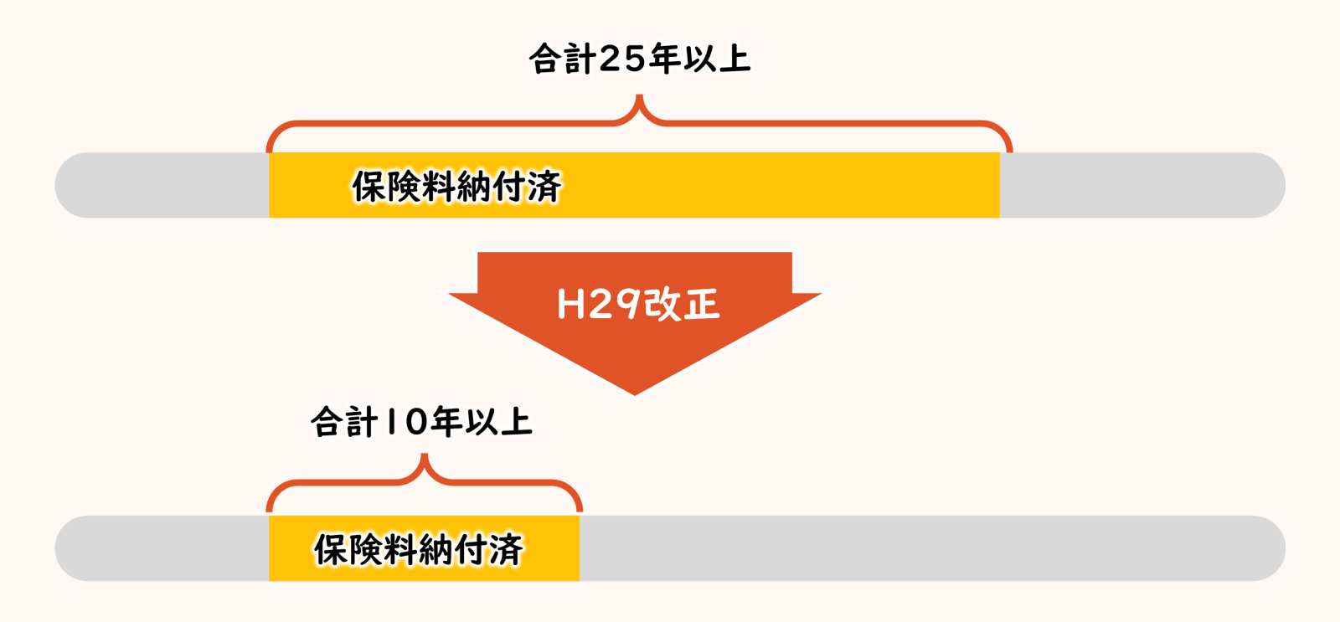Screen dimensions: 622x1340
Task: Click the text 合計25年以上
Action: point(639,59)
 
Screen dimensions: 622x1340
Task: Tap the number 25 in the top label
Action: point(622,59)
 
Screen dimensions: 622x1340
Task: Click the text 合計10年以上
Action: point(421,421)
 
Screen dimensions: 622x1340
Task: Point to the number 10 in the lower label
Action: point(405,421)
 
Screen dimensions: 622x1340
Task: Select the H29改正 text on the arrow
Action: point(638,304)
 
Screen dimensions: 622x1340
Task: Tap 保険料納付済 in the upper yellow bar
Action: point(456,186)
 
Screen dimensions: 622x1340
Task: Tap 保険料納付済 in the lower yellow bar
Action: point(419,549)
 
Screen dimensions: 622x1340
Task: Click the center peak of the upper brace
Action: point(640,98)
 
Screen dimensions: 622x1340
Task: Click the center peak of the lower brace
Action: point(425,457)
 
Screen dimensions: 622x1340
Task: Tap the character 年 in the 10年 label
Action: point(447,421)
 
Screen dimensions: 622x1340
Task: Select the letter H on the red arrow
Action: point(570,305)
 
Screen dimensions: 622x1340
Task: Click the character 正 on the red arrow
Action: point(701,304)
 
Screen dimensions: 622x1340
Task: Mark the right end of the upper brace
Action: point(1010,149)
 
